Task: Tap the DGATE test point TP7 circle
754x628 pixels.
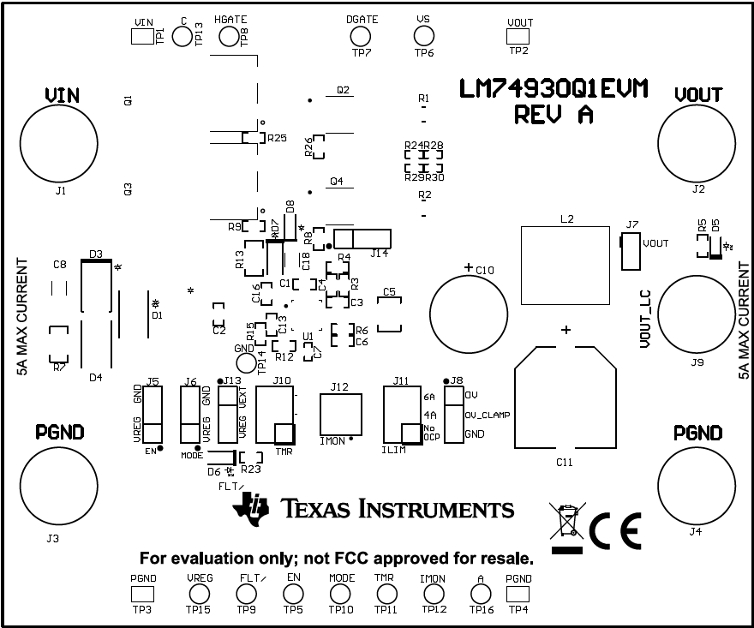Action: pos(360,36)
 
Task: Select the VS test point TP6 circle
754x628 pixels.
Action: pos(423,36)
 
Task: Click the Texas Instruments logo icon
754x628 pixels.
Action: pos(250,507)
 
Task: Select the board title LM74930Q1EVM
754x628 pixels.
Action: pos(553,89)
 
